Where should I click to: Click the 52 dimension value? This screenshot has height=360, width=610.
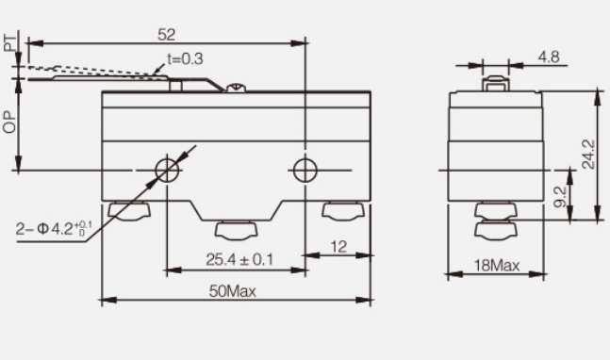167,35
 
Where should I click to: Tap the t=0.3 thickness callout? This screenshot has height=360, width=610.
185,58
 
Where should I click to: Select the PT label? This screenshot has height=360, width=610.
11,43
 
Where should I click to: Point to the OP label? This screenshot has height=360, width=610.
10,121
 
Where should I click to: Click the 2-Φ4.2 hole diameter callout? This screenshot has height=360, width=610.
54,229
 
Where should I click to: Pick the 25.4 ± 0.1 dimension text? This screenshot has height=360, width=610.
239,260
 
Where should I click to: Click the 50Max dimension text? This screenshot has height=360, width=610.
233,291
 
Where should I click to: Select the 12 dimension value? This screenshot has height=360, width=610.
338,247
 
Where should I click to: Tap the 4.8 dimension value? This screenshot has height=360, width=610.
549,57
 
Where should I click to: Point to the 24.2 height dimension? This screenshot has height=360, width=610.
588,155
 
